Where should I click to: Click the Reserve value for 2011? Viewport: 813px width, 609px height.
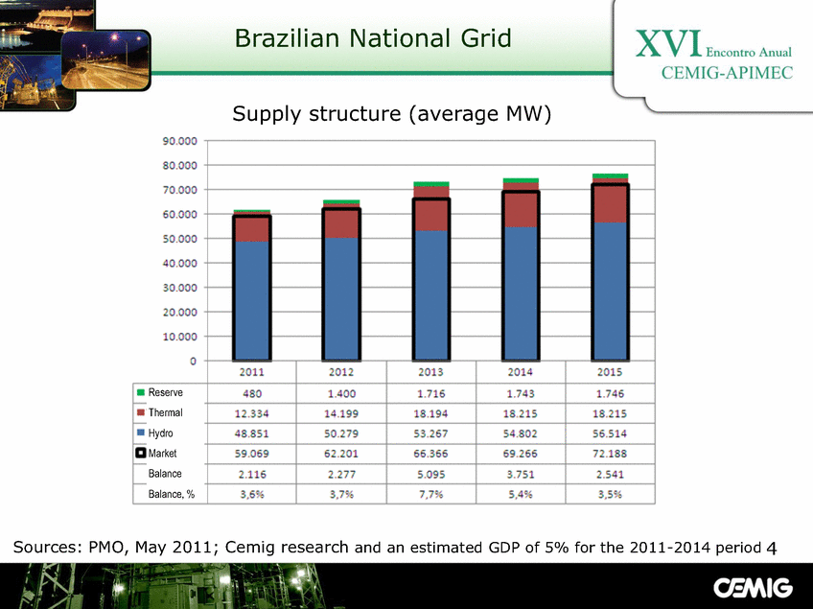[x=252, y=394]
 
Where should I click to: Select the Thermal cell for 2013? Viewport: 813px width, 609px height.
[x=430, y=414]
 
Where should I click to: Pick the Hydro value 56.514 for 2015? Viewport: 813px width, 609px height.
[x=610, y=433]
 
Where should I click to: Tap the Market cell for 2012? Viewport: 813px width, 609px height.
[x=341, y=454]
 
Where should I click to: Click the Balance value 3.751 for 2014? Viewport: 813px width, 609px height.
[x=520, y=474]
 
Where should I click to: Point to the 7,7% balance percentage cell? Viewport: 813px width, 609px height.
[x=430, y=494]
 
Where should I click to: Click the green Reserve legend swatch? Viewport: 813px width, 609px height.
[x=140, y=392]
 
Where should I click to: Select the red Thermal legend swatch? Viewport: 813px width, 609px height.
[x=140, y=412]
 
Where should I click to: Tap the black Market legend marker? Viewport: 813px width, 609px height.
[x=141, y=453]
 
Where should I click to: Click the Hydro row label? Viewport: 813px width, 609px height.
[x=160, y=433]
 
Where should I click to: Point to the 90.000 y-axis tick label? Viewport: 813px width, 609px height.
[x=180, y=141]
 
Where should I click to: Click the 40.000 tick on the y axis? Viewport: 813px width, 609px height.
[x=180, y=264]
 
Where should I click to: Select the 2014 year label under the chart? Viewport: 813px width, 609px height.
[x=520, y=372]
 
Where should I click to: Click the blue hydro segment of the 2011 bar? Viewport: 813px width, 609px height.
[x=252, y=300]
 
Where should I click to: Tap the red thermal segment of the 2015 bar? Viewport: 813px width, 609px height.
[x=610, y=203]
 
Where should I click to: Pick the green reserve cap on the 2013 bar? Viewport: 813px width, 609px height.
[x=430, y=184]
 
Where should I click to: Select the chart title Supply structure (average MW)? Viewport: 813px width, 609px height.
[x=391, y=113]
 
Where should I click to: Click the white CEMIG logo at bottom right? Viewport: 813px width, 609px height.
[x=753, y=588]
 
